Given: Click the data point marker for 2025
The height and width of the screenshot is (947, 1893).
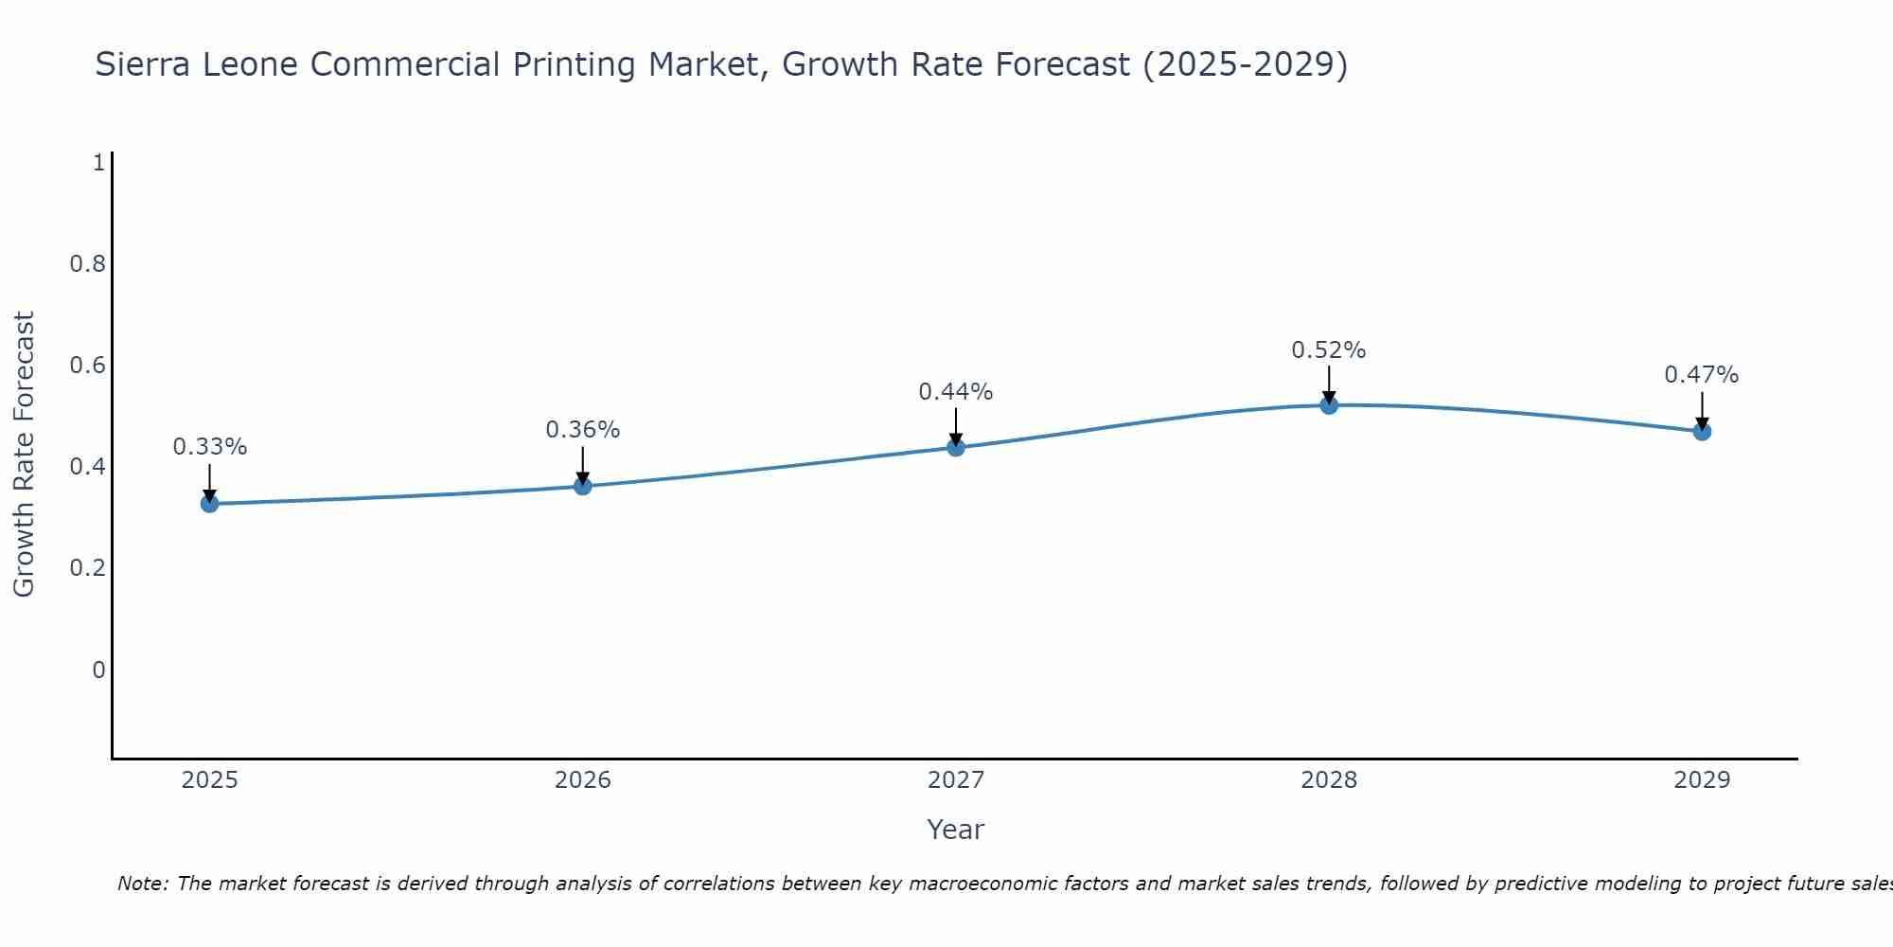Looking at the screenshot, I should coord(210,504).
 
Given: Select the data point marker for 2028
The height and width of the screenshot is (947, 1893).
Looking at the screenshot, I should coord(1329,405).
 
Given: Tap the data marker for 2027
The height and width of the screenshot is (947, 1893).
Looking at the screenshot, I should coord(956,447).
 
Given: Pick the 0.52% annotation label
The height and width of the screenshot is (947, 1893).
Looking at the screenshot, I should coord(1329,350).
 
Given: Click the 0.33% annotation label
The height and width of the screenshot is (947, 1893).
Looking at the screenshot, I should coord(210,447).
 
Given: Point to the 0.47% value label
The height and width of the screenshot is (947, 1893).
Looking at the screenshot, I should coord(1701,375).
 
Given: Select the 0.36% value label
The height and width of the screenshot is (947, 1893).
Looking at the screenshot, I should coord(583,430).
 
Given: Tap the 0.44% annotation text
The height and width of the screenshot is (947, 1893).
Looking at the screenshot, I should coord(956,392).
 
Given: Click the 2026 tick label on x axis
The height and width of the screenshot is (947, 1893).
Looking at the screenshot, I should coord(583,780).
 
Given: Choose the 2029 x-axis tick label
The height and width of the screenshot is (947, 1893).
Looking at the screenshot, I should coord(1701,780).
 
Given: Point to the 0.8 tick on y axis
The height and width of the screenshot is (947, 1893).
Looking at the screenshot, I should coord(88,263).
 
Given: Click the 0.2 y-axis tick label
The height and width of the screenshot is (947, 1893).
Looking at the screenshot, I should coord(88,568).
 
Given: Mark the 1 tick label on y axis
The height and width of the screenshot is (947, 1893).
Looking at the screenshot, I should coord(98,163).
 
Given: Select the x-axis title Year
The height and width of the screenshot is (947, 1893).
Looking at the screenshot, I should coord(956,830).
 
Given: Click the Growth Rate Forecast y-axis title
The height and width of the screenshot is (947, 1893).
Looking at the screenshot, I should coord(25,455).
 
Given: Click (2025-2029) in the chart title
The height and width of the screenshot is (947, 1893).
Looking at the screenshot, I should coord(1246,64).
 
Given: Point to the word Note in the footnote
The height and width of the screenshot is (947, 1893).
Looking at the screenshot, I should coord(142,884).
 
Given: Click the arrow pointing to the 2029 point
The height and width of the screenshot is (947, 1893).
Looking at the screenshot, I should coord(1702,409).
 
